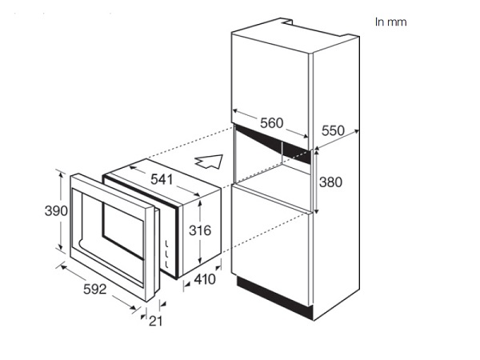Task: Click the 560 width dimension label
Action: point(271,123)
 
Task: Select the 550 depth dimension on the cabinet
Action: point(333,130)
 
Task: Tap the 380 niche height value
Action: point(330,182)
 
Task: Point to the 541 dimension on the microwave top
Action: point(162,180)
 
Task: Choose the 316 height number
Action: point(200,230)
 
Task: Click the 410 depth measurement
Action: point(205,279)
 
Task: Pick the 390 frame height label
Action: point(56,211)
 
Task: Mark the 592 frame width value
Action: point(95,290)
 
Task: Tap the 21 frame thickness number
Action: point(155,321)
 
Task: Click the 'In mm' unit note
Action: point(391,22)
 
